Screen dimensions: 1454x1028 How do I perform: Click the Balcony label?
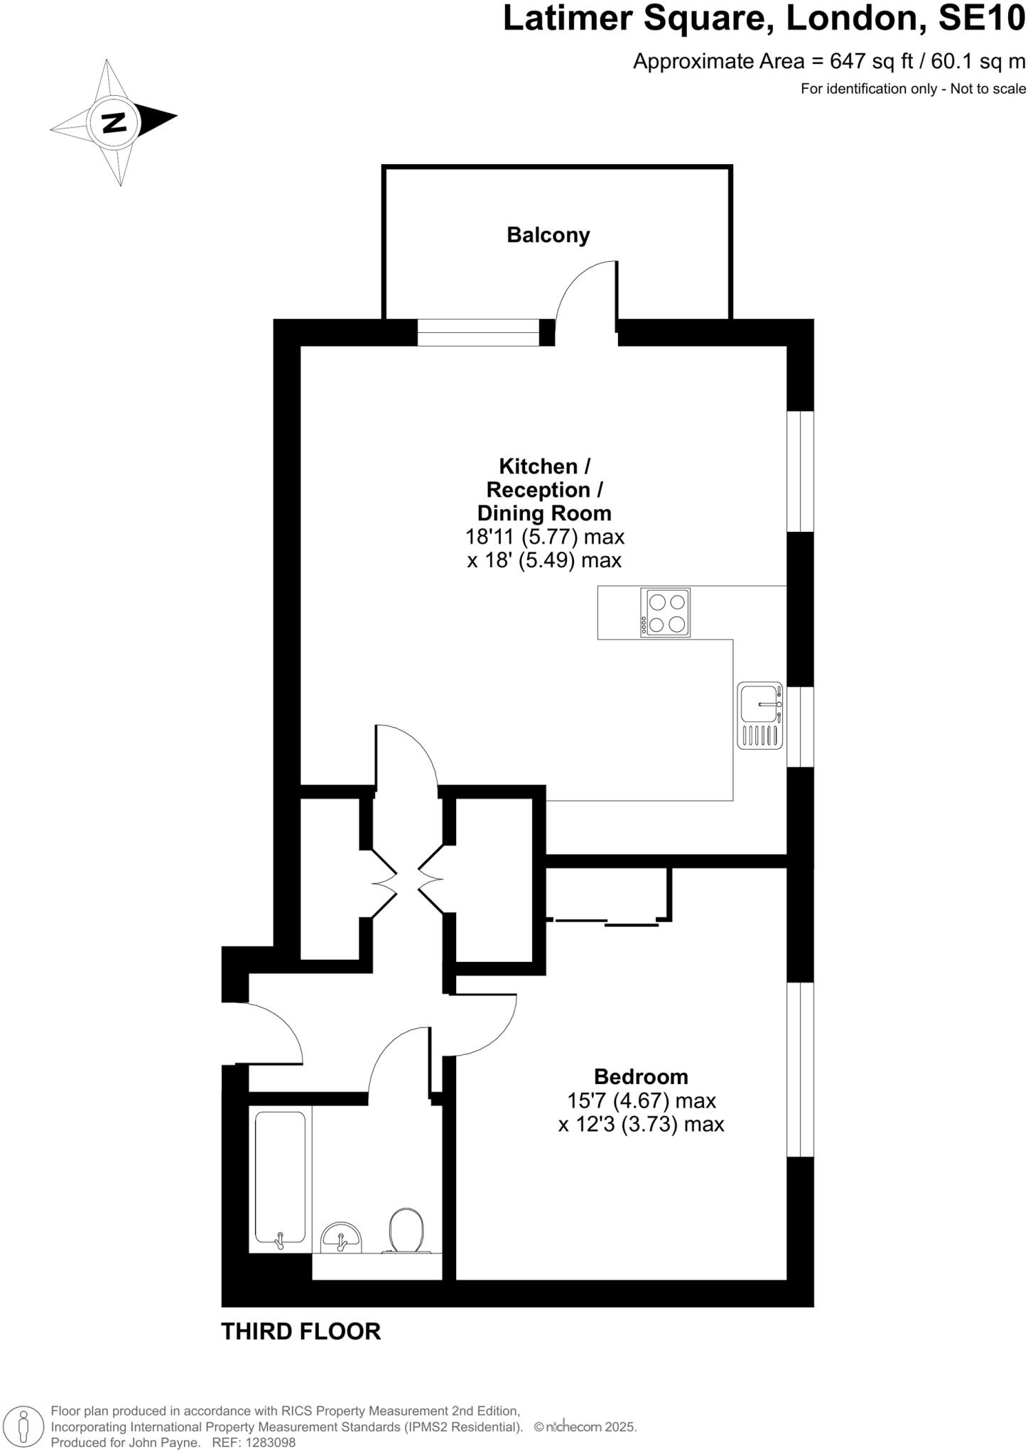tap(548, 235)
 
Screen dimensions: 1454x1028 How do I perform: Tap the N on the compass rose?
tap(114, 123)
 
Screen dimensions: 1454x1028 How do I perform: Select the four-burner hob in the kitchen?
tap(665, 613)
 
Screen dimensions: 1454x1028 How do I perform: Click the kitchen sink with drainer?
tap(760, 715)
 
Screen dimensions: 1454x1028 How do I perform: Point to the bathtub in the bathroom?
tap(281, 1178)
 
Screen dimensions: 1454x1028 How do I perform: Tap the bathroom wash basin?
tap(342, 1238)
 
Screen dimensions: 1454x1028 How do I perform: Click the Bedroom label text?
tap(641, 1077)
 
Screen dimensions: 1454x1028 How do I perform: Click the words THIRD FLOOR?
tap(301, 1331)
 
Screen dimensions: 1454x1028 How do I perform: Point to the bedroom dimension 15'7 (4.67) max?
tap(641, 1101)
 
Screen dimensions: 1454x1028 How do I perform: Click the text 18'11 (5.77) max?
tap(545, 536)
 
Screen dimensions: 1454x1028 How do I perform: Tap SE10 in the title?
tap(982, 18)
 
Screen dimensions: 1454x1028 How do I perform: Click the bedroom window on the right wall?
tap(800, 1069)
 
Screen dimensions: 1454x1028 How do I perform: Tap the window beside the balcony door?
tap(478, 332)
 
